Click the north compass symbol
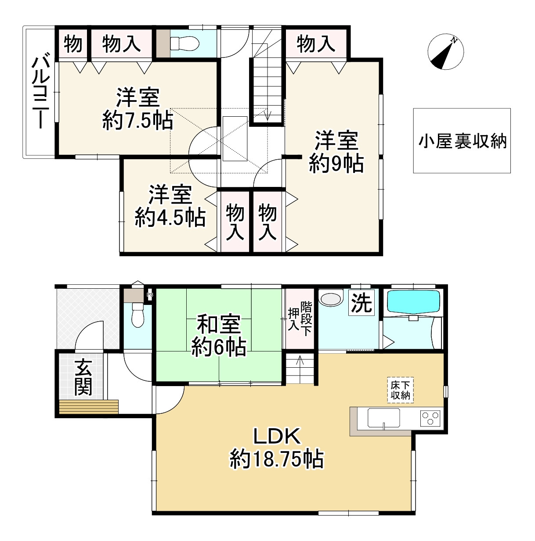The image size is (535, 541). coord(445,52)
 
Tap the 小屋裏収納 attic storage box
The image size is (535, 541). coord(462,141)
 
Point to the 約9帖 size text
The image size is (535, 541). coord(336,164)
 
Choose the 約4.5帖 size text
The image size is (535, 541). coord(170,217)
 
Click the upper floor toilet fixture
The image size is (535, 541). coord(185,43)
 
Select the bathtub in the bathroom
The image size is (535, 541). coord(413,301)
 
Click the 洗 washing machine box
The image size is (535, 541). coord(361,302)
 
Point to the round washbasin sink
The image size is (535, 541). coord(331,299)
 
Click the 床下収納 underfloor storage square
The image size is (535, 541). coord(401,390)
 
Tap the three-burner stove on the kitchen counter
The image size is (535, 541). coord(430,418)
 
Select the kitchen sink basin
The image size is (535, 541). coord(383,418)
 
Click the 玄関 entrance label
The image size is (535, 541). coord(83,377)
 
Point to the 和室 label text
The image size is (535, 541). coord(218,325)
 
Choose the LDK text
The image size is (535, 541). coord(277,437)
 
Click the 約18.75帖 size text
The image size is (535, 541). coord(277,459)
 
